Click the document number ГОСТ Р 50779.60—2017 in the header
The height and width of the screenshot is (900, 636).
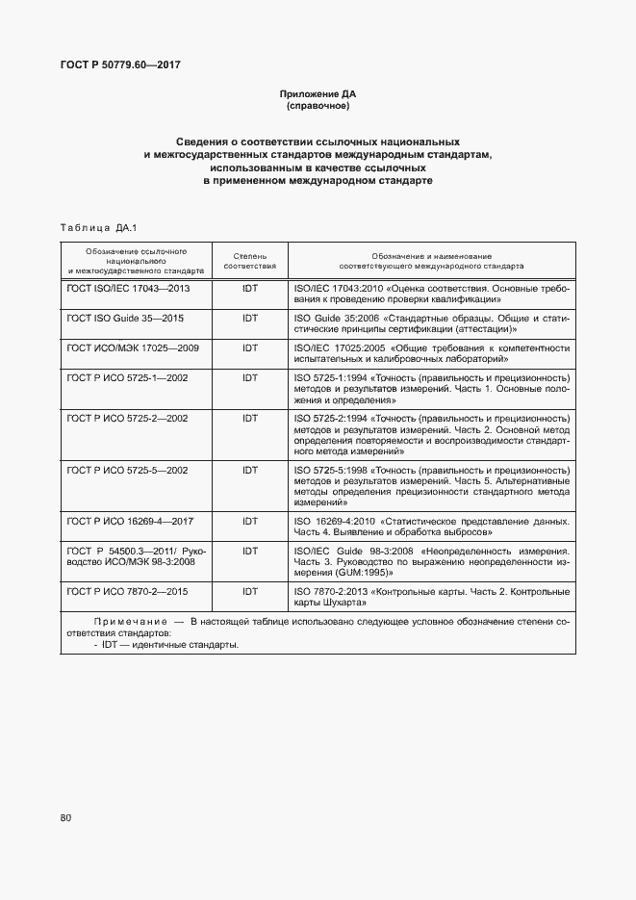click(x=121, y=64)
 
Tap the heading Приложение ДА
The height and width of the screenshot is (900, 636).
click(x=318, y=94)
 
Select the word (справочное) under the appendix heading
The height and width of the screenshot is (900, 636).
click(x=318, y=106)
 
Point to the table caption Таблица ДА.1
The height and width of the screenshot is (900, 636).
click(x=99, y=227)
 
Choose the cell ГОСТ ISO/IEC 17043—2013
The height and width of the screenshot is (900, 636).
click(x=128, y=288)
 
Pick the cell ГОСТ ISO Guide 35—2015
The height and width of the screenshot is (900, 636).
click(x=125, y=318)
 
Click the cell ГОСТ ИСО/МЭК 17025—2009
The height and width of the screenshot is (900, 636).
click(x=132, y=347)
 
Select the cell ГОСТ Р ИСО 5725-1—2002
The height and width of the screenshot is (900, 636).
click(x=127, y=378)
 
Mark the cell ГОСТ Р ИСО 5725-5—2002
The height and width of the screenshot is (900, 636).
click(x=127, y=470)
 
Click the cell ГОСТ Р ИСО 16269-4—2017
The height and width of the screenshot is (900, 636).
click(x=130, y=521)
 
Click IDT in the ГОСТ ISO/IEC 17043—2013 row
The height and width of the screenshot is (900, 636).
click(x=249, y=288)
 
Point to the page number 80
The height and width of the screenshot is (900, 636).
click(x=65, y=818)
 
